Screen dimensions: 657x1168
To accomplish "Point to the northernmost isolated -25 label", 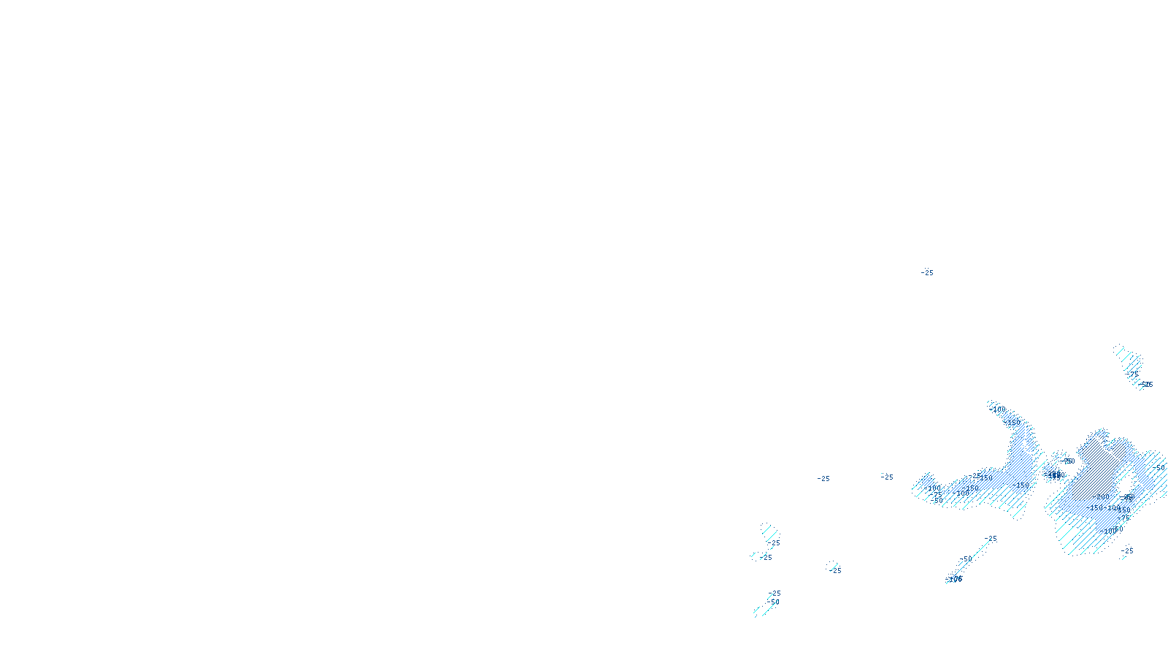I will (927, 273).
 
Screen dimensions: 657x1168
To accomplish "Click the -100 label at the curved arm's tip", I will (998, 410).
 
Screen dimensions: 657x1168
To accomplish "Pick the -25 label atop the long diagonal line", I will (991, 539).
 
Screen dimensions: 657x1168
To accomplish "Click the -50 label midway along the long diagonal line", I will (966, 559).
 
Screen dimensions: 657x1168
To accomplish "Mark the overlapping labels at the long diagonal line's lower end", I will (954, 579).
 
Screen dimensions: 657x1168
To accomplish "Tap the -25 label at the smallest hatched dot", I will (835, 570).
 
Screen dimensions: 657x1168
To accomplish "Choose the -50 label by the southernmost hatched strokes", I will (773, 602).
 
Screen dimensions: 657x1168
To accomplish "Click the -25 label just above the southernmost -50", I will (774, 593).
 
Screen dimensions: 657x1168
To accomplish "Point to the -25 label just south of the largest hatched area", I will (1127, 551).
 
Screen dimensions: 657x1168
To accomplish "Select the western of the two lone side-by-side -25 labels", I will (823, 479).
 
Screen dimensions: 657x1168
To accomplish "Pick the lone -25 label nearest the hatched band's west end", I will (887, 477).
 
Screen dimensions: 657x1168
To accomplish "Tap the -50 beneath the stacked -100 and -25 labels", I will (938, 502).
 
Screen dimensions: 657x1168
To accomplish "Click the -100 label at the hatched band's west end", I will (933, 488).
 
